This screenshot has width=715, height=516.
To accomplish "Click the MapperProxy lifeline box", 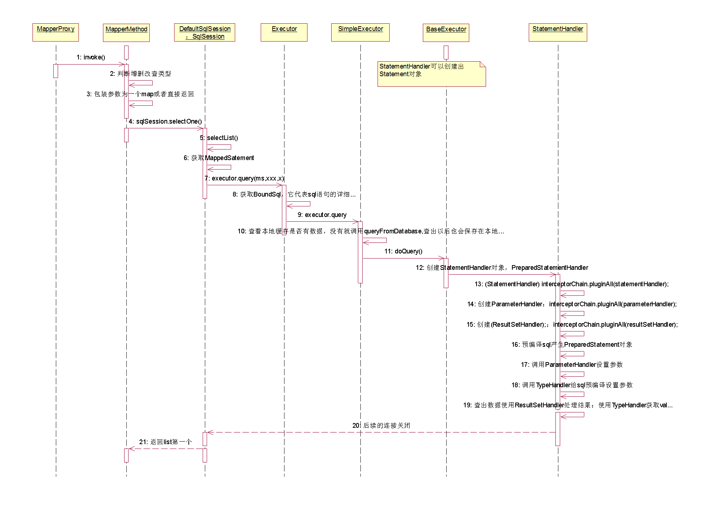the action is click(x=56, y=32).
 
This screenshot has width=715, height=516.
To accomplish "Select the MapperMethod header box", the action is click(x=126, y=33).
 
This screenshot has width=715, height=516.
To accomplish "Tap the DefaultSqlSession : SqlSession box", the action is click(x=204, y=32).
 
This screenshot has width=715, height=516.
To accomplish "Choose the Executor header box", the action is click(x=284, y=32).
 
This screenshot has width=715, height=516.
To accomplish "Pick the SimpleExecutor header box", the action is click(x=360, y=32).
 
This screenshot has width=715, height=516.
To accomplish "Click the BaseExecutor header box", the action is click(x=446, y=33).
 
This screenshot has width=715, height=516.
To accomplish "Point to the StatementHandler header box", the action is click(x=558, y=32).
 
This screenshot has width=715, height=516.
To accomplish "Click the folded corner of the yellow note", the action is click(x=483, y=64).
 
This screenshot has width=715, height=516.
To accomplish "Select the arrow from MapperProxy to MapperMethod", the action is click(x=91, y=65).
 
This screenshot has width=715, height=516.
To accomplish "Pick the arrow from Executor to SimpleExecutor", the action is click(x=321, y=222).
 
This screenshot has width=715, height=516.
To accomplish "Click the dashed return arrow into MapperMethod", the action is click(x=166, y=449).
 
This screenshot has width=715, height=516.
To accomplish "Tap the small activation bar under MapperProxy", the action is click(x=56, y=71).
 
